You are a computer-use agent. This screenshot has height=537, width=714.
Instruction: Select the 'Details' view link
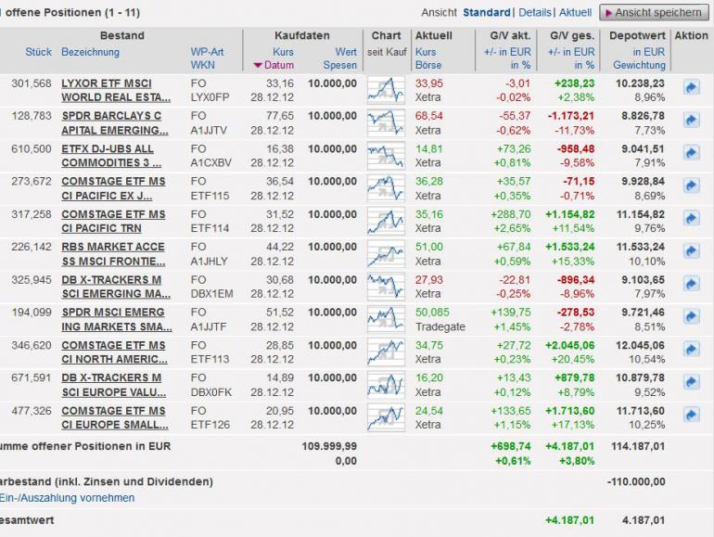(535, 12)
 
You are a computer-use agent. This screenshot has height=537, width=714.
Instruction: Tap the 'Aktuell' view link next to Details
(575, 12)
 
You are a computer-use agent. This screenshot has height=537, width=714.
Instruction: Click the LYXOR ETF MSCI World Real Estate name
(116, 90)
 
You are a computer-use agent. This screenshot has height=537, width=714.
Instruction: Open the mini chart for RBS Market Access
(386, 253)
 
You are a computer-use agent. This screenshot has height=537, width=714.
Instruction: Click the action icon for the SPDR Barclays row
(691, 120)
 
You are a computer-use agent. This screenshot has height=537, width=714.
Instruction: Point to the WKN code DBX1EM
(211, 294)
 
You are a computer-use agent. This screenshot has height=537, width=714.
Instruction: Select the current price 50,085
(432, 313)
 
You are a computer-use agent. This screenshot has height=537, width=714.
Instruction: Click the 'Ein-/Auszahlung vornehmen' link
(67, 498)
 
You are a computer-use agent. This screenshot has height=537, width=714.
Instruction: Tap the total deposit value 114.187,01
(638, 446)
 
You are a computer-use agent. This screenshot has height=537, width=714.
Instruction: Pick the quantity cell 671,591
(31, 377)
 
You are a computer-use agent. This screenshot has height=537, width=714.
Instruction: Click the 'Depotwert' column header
(637, 36)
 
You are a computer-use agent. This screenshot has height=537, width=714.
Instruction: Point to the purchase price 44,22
(279, 247)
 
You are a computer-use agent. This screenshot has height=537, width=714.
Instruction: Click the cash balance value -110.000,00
(635, 481)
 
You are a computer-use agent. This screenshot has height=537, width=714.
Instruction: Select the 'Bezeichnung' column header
(90, 52)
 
